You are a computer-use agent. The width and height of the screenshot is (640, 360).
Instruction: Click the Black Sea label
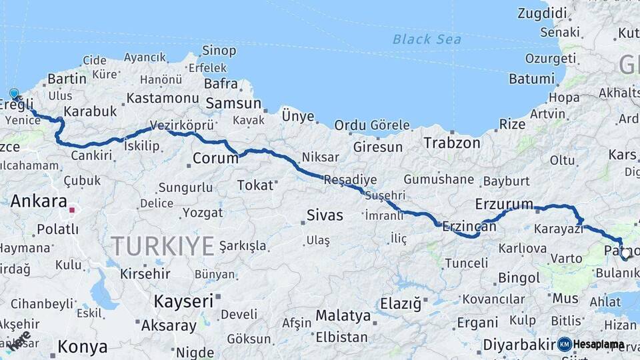[427, 39]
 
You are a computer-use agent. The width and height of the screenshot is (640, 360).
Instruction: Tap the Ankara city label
[39, 201]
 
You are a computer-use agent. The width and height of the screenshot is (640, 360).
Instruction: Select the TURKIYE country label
[163, 246]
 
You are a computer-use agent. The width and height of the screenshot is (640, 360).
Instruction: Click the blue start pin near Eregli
[14, 94]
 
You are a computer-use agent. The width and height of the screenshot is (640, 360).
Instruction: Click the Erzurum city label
[504, 204]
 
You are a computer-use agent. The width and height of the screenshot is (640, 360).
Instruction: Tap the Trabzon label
[451, 143]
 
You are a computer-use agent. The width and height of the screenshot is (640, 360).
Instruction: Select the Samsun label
[233, 103]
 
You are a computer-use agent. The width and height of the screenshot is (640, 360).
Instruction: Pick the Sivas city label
[325, 215]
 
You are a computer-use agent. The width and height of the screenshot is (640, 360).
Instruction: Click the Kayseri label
[183, 301]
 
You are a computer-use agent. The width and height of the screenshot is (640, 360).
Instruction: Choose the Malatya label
[343, 315]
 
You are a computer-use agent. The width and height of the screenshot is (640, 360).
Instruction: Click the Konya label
[83, 347]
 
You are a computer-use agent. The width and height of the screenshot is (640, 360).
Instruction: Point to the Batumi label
[531, 79]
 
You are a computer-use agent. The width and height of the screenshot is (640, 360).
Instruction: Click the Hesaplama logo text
[599, 345]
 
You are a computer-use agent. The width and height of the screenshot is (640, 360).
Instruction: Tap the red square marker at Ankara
[72, 210]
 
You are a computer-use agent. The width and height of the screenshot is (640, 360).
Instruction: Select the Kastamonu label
[163, 98]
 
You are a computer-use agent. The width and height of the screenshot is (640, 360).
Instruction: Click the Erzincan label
[469, 227]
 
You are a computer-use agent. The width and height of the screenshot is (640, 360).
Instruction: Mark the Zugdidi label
[542, 13]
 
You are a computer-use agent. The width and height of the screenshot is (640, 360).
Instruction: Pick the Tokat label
[256, 185]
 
